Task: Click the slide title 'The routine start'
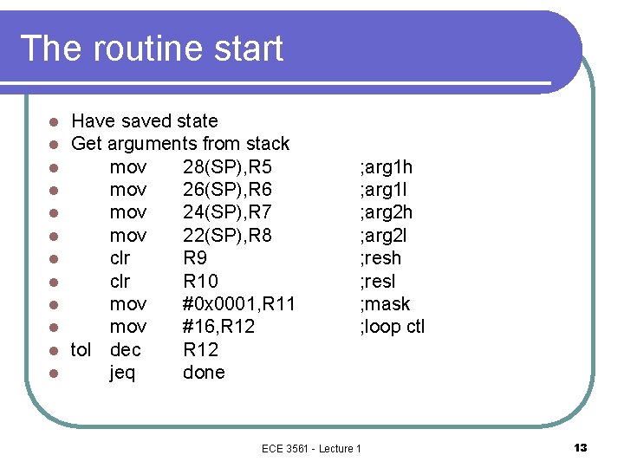point(152,49)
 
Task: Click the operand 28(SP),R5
point(227,166)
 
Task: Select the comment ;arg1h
point(386,166)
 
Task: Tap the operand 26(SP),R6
point(227,189)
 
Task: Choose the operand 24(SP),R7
point(227,212)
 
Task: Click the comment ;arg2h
point(386,212)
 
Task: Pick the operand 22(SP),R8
point(227,235)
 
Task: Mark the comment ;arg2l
point(382,235)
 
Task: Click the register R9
point(196,257)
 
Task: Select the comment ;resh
point(380,257)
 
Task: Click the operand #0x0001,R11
point(239,303)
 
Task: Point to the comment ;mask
point(384,303)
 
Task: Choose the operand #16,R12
point(219,327)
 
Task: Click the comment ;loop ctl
point(392,327)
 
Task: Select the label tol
point(81,349)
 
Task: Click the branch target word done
point(204,373)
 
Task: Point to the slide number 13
point(580,448)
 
